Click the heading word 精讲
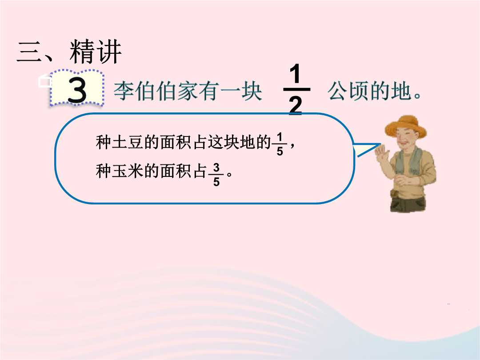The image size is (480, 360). [96, 52]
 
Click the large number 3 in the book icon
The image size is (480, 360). [77, 90]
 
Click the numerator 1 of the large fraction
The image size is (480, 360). [295, 74]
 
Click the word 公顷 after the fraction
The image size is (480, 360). [349, 91]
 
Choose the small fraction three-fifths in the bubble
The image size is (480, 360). [216, 175]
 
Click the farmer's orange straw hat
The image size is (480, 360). [406, 125]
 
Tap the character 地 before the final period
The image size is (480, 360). [401, 91]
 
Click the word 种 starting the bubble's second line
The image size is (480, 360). [104, 171]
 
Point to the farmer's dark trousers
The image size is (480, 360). [408, 202]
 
